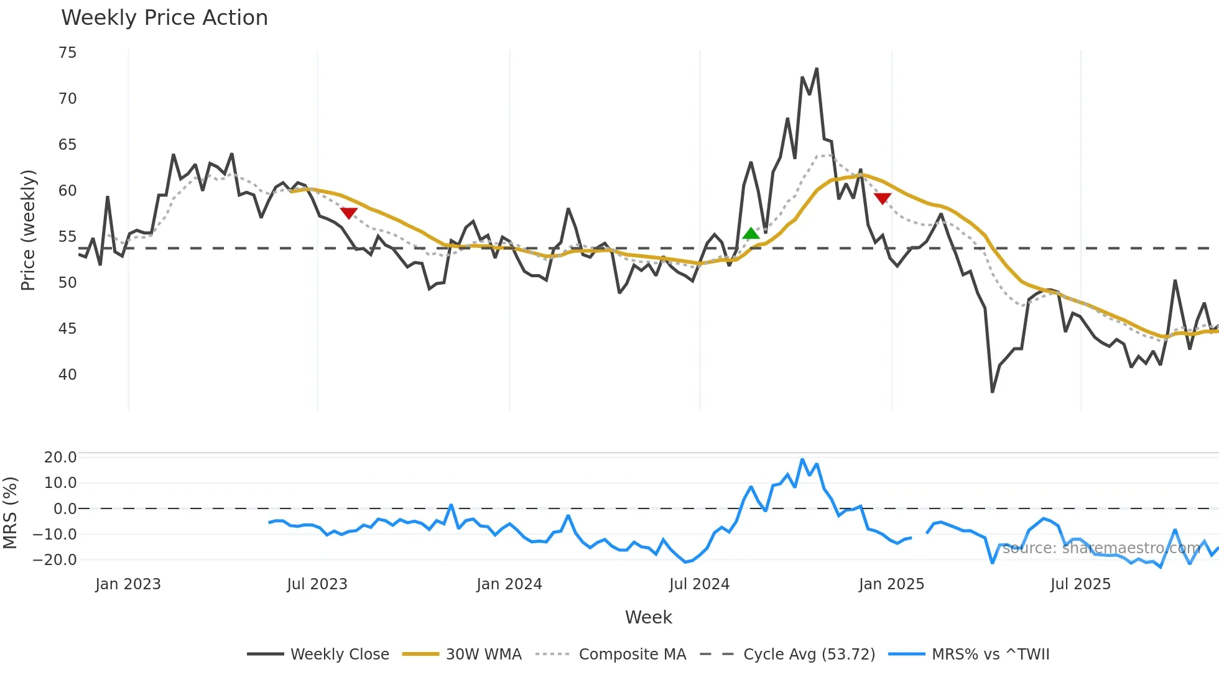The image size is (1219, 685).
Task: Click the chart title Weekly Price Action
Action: coord(164,18)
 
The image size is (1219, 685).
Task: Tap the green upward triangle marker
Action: coord(751,234)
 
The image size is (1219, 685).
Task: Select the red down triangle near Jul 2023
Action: coord(349,213)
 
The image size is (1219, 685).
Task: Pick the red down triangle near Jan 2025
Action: coord(883,198)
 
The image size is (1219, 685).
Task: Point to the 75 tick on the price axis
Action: coord(68,53)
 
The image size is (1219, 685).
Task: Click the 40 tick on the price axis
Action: coord(68,375)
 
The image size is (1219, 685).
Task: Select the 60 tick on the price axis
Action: coord(68,191)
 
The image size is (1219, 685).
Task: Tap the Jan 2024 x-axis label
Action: coord(509,584)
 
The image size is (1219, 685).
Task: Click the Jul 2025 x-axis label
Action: coord(1080,584)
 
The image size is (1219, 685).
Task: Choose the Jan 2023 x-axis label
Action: coord(128,584)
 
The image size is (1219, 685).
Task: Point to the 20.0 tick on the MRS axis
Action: coord(60,457)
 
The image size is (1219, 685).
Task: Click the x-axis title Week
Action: coord(648,617)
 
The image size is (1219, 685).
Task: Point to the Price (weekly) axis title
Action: coord(28,230)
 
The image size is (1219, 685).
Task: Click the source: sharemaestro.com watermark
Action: coord(1101,548)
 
